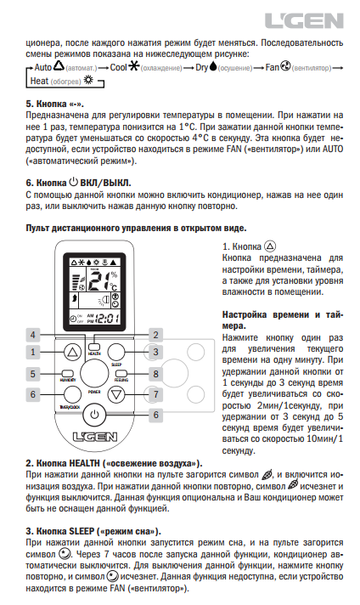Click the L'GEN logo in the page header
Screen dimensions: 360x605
(x=304, y=20)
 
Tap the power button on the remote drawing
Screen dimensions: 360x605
(x=94, y=415)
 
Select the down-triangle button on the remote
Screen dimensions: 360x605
(x=116, y=394)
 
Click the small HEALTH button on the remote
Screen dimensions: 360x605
(x=94, y=347)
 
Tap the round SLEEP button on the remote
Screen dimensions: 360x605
(x=116, y=352)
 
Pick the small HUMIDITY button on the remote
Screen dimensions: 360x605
(x=67, y=374)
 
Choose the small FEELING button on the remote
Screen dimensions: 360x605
(x=121, y=374)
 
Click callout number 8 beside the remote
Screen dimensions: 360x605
(x=155, y=374)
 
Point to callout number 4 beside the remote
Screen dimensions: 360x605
(x=33, y=335)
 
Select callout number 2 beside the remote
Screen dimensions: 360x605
(x=155, y=335)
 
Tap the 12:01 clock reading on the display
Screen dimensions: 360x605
(x=107, y=319)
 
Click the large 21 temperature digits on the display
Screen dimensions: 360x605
(x=98, y=281)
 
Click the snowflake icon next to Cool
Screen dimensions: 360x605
(x=134, y=67)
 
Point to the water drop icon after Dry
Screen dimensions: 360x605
(x=213, y=67)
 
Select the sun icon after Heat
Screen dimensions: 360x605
(x=88, y=80)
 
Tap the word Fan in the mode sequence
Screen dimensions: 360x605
(x=272, y=67)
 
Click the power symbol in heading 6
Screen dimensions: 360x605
(x=73, y=182)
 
